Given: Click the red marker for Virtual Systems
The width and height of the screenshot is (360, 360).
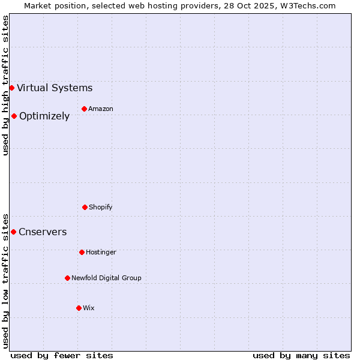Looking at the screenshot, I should [x=11, y=88].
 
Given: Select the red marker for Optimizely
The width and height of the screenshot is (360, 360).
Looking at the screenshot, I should [x=14, y=116].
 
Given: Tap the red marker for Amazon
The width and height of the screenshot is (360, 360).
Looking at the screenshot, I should [x=84, y=109].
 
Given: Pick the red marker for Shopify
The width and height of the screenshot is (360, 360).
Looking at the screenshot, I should [x=85, y=207].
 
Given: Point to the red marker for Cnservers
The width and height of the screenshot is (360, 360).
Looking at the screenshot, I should [x=13, y=232].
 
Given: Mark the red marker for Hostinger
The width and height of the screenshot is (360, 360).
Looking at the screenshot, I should [x=82, y=252].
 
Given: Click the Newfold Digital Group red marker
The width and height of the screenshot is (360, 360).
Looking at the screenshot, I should [x=67, y=278].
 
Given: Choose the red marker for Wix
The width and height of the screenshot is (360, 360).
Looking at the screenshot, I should [x=79, y=308].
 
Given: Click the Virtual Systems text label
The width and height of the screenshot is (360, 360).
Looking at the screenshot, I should [x=55, y=88].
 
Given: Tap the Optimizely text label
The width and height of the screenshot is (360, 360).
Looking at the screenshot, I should [x=44, y=116].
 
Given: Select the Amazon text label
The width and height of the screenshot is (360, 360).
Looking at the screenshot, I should [x=101, y=109].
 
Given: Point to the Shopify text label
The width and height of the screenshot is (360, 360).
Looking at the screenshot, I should [x=101, y=207].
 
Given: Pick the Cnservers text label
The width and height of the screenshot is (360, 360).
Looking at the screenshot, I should [x=43, y=232].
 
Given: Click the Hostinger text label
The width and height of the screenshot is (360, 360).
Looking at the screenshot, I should [x=101, y=252].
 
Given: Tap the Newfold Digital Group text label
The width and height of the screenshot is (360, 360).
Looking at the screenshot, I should [x=106, y=278].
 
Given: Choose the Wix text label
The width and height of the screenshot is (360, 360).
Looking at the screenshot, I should [x=89, y=308].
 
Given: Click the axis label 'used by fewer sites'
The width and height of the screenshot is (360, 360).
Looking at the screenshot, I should [x=62, y=355].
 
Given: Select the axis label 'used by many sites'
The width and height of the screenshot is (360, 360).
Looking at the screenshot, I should [x=301, y=355].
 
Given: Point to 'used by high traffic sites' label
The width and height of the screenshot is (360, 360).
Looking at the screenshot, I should [x=5, y=85].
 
